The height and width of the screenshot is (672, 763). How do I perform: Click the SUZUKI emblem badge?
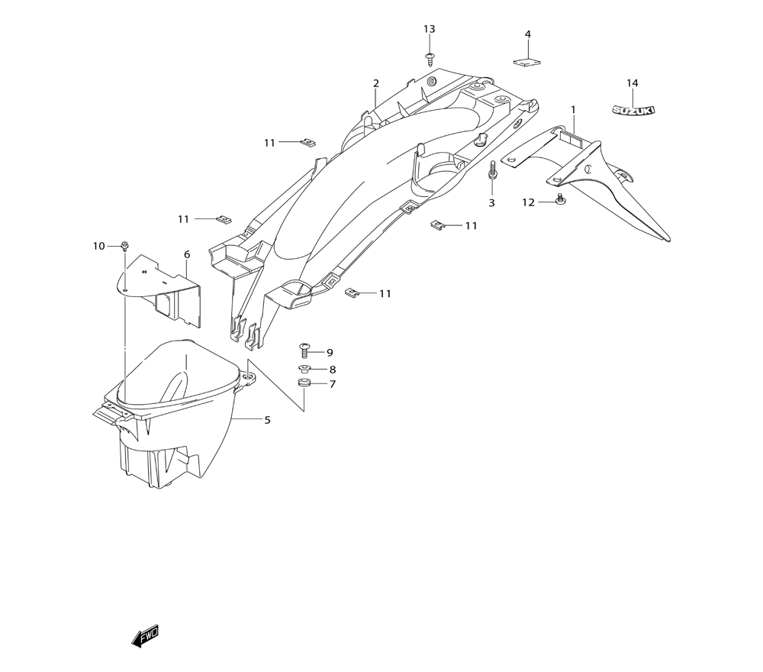pos(633,111)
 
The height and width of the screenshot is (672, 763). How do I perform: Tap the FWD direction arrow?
pos(145,635)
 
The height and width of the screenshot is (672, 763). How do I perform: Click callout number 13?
pos(429,29)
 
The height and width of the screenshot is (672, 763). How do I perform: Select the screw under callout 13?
pos(430,59)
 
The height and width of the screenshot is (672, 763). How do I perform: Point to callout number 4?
pos(528,34)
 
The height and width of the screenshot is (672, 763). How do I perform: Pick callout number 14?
pos(632,83)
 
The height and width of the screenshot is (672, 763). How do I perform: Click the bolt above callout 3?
pos(492,170)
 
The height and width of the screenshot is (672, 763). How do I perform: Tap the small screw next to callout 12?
pos(560,199)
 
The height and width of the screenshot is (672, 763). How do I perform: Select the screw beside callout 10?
pos(124,246)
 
